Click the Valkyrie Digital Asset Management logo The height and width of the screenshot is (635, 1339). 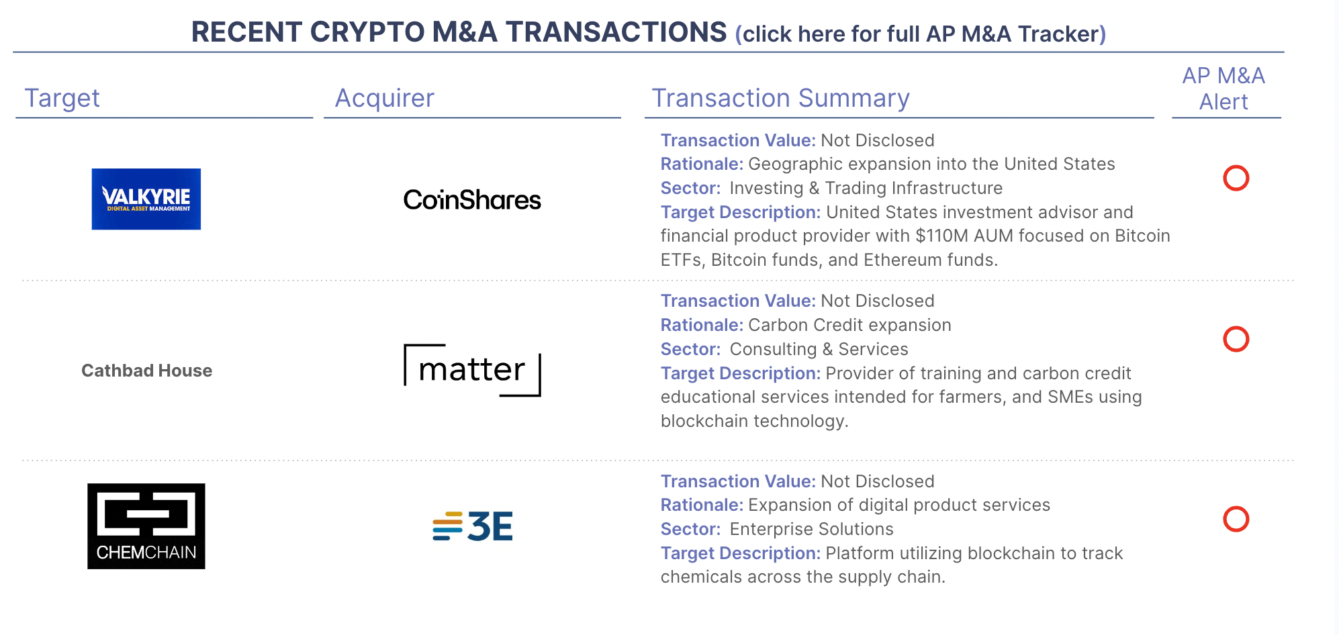(x=146, y=199)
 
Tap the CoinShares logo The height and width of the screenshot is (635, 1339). (x=472, y=199)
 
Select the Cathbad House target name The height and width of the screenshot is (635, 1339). (x=146, y=371)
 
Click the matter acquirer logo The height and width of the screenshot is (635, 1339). (x=472, y=370)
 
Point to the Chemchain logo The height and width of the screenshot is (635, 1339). (x=146, y=526)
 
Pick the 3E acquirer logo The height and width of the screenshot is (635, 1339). (x=472, y=526)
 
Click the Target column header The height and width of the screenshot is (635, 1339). (x=62, y=98)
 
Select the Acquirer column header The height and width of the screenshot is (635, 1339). (x=385, y=98)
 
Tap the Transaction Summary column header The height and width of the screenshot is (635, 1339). (x=780, y=98)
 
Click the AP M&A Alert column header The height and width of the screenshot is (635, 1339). (x=1223, y=89)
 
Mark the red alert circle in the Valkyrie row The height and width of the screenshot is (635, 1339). (x=1236, y=178)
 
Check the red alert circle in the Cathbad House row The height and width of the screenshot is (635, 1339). (x=1236, y=339)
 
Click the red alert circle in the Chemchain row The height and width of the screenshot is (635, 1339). (x=1236, y=519)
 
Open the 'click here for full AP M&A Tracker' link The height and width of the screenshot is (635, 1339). (x=921, y=34)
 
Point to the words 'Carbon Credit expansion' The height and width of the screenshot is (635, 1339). (x=849, y=325)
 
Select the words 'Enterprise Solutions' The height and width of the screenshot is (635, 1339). (x=811, y=529)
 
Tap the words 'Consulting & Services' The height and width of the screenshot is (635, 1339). (x=819, y=349)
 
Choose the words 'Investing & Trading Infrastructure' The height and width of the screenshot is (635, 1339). (x=866, y=188)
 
